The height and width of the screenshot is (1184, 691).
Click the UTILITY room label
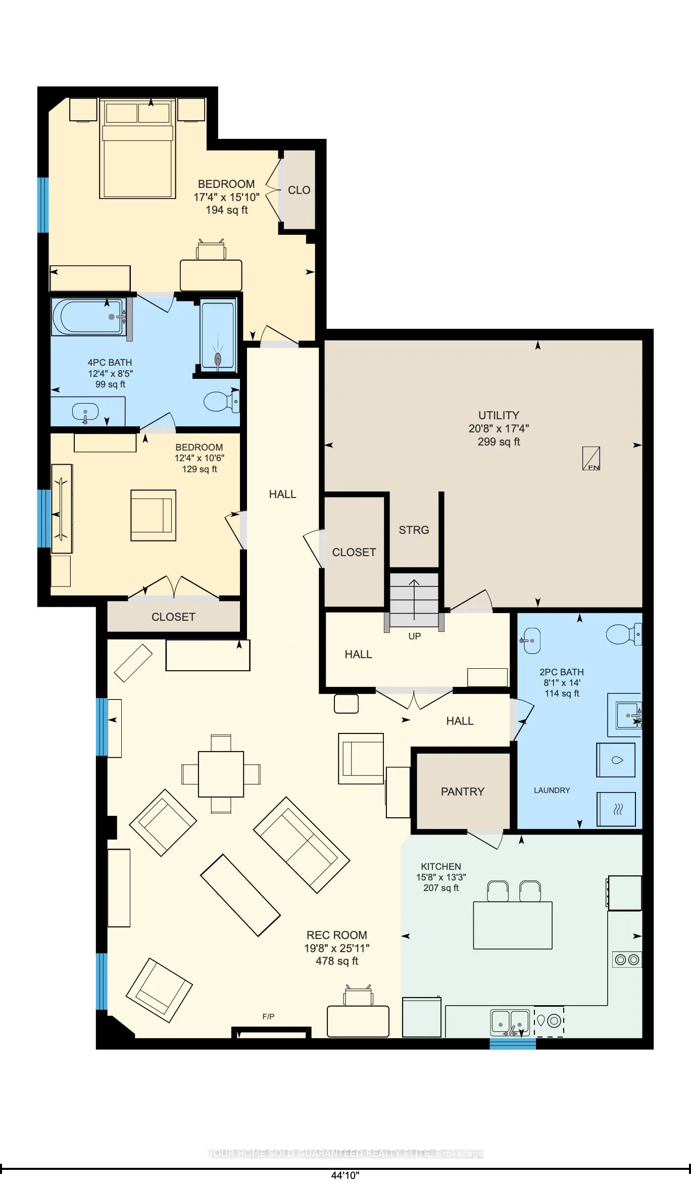499,415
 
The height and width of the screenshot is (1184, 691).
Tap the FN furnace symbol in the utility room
591,459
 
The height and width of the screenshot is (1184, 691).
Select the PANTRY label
462,792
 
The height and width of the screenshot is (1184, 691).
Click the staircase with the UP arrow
414,600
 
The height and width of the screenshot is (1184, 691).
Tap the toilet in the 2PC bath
623,634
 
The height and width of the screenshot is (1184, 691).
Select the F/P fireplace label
268,1016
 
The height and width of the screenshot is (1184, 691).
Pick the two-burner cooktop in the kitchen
627,960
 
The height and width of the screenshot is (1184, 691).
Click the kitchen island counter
512,925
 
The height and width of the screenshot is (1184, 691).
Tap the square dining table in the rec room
221,774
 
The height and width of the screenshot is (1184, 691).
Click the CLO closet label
299,190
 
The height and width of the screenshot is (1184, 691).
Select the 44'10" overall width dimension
345,1175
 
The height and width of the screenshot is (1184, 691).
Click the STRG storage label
414,530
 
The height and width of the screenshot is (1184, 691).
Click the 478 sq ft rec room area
337,961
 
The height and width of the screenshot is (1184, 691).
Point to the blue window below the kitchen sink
512,1044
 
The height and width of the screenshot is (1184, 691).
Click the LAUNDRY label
552,790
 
